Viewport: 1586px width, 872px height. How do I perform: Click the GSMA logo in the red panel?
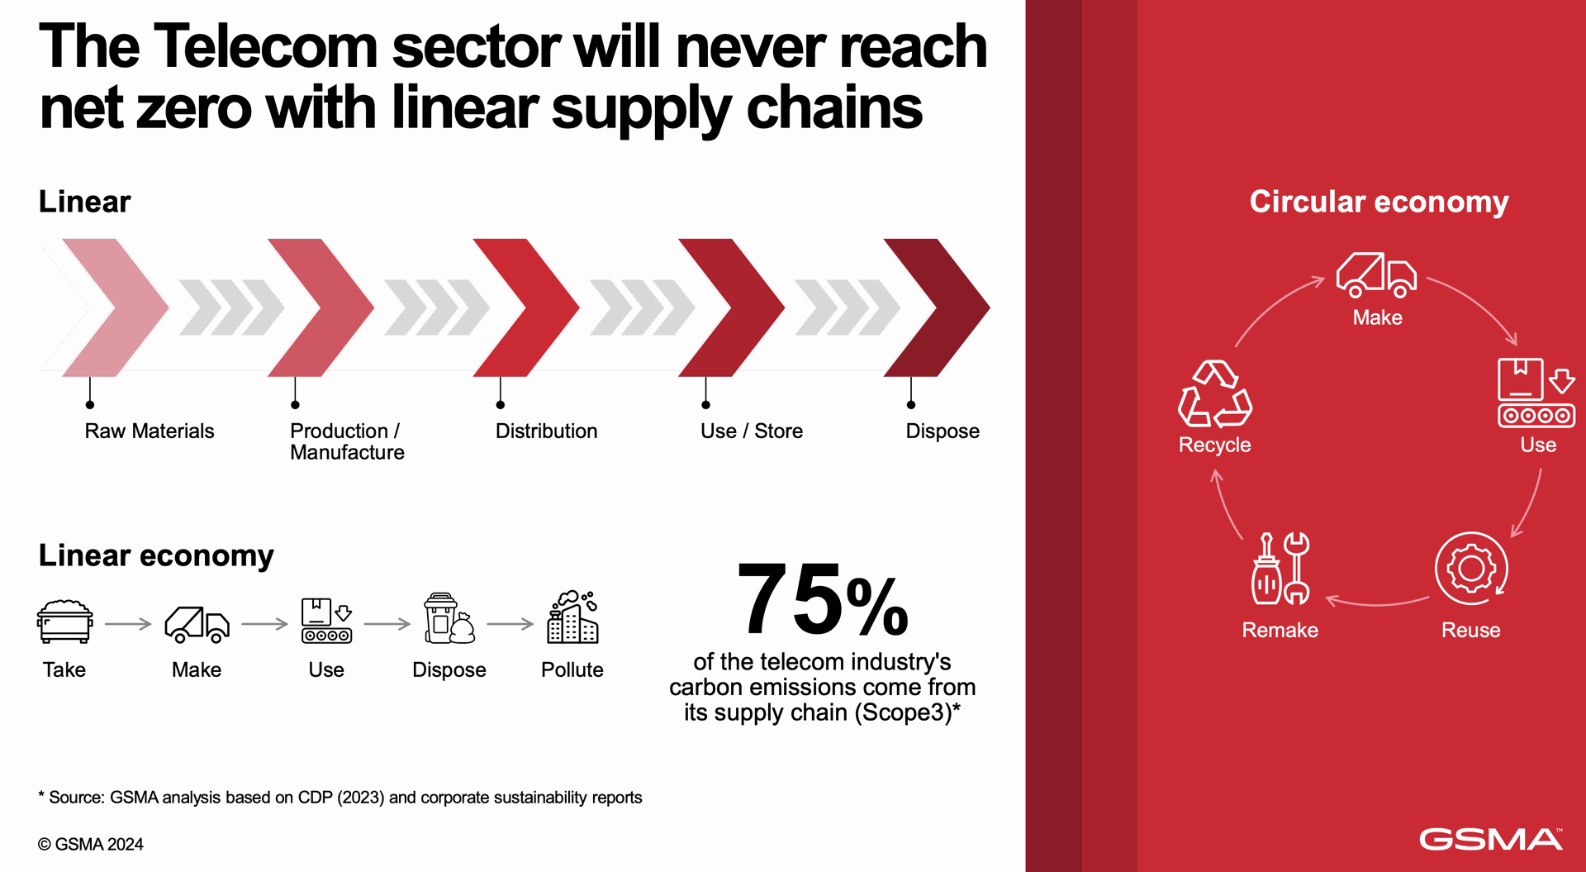click(x=1491, y=839)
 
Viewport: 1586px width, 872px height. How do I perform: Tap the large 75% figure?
click(x=822, y=600)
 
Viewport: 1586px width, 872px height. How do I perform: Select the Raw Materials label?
click(x=150, y=431)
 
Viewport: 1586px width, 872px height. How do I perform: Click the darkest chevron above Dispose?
click(x=937, y=307)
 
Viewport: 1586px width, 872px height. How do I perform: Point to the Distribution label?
click(x=546, y=431)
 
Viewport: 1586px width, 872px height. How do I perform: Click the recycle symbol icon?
click(x=1214, y=393)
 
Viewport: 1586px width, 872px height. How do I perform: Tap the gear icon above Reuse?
click(x=1471, y=569)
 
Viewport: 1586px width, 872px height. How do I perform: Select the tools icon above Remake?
click(x=1280, y=569)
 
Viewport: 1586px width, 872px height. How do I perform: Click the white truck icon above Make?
click(x=1376, y=275)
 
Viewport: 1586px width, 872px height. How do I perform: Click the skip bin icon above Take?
click(x=64, y=622)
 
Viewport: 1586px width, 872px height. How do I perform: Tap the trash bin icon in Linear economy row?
click(x=449, y=617)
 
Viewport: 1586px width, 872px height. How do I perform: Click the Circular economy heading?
click(x=1379, y=202)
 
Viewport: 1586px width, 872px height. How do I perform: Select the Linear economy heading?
click(x=156, y=555)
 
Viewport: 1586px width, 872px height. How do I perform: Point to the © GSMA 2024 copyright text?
click(x=90, y=844)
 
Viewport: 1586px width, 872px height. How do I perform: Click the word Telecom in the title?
click(x=265, y=46)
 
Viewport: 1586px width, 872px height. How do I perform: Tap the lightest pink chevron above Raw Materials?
click(x=116, y=307)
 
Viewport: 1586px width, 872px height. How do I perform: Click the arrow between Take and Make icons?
click(x=128, y=624)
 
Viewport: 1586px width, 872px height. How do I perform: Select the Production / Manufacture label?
click(x=347, y=441)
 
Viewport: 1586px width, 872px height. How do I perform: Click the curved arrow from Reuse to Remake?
click(x=1376, y=602)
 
